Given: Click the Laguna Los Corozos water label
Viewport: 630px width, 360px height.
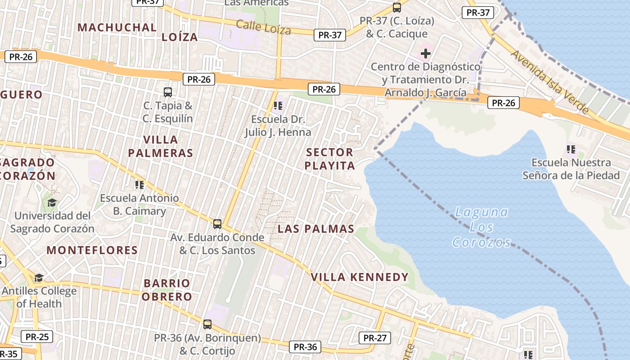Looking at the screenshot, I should pyautogui.click(x=481, y=227).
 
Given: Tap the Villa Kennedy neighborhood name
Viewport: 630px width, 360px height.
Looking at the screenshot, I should pyautogui.click(x=360, y=277).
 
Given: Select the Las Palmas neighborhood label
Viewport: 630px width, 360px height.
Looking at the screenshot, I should pyautogui.click(x=316, y=229).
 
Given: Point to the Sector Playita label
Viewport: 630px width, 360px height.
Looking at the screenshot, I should pyautogui.click(x=329, y=159).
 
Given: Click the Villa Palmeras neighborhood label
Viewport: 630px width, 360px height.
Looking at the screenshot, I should pyautogui.click(x=160, y=146).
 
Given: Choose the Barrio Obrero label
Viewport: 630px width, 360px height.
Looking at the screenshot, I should pyautogui.click(x=167, y=290).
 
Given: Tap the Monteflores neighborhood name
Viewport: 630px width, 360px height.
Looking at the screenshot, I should pyautogui.click(x=92, y=250).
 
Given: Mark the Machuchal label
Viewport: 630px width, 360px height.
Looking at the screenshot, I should pyautogui.click(x=117, y=27).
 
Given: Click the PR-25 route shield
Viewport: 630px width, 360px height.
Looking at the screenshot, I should pyautogui.click(x=37, y=337).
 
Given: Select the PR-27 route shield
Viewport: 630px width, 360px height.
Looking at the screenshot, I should pyautogui.click(x=375, y=338).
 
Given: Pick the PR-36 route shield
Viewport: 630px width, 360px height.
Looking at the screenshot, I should pyautogui.click(x=306, y=347).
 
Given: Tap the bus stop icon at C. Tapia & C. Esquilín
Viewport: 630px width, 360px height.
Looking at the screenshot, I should pyautogui.click(x=168, y=92).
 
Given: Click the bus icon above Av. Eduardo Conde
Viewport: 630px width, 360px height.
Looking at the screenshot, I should pyautogui.click(x=217, y=224).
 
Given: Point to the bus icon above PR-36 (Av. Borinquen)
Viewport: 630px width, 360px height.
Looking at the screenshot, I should pyautogui.click(x=207, y=324).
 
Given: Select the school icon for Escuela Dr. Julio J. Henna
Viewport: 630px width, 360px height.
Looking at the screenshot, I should pyautogui.click(x=278, y=106).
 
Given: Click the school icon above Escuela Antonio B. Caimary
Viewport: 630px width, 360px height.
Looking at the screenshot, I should pyautogui.click(x=139, y=184).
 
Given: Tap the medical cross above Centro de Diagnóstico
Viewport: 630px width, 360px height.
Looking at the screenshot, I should pyautogui.click(x=425, y=54).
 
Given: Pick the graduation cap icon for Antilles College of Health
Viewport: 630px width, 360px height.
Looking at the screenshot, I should pyautogui.click(x=39, y=278).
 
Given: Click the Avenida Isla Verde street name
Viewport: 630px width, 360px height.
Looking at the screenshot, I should pyautogui.click(x=549, y=81).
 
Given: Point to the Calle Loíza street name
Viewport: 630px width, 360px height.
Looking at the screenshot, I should pyautogui.click(x=263, y=27).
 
